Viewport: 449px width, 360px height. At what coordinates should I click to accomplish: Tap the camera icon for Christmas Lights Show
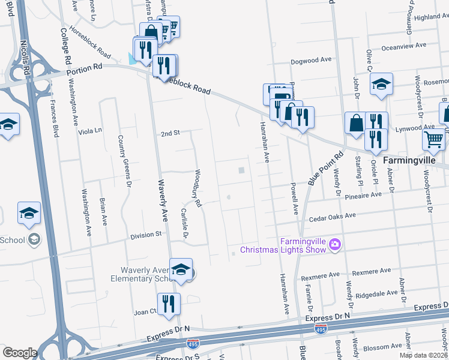point(334,244)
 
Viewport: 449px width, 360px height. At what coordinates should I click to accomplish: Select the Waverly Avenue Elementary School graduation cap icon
point(181,269)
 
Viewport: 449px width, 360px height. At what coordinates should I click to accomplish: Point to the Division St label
point(146,235)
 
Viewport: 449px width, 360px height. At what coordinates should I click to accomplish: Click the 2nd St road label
point(170,133)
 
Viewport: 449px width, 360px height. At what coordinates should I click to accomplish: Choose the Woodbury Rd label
point(197,188)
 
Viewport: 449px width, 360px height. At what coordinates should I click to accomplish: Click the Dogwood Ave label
point(311,60)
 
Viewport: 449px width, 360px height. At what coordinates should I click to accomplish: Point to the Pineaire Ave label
point(363,195)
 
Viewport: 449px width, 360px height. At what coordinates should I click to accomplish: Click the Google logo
point(20,352)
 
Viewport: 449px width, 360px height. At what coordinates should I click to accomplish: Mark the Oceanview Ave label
point(403,45)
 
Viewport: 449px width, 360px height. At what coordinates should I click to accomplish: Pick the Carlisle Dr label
point(184,223)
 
